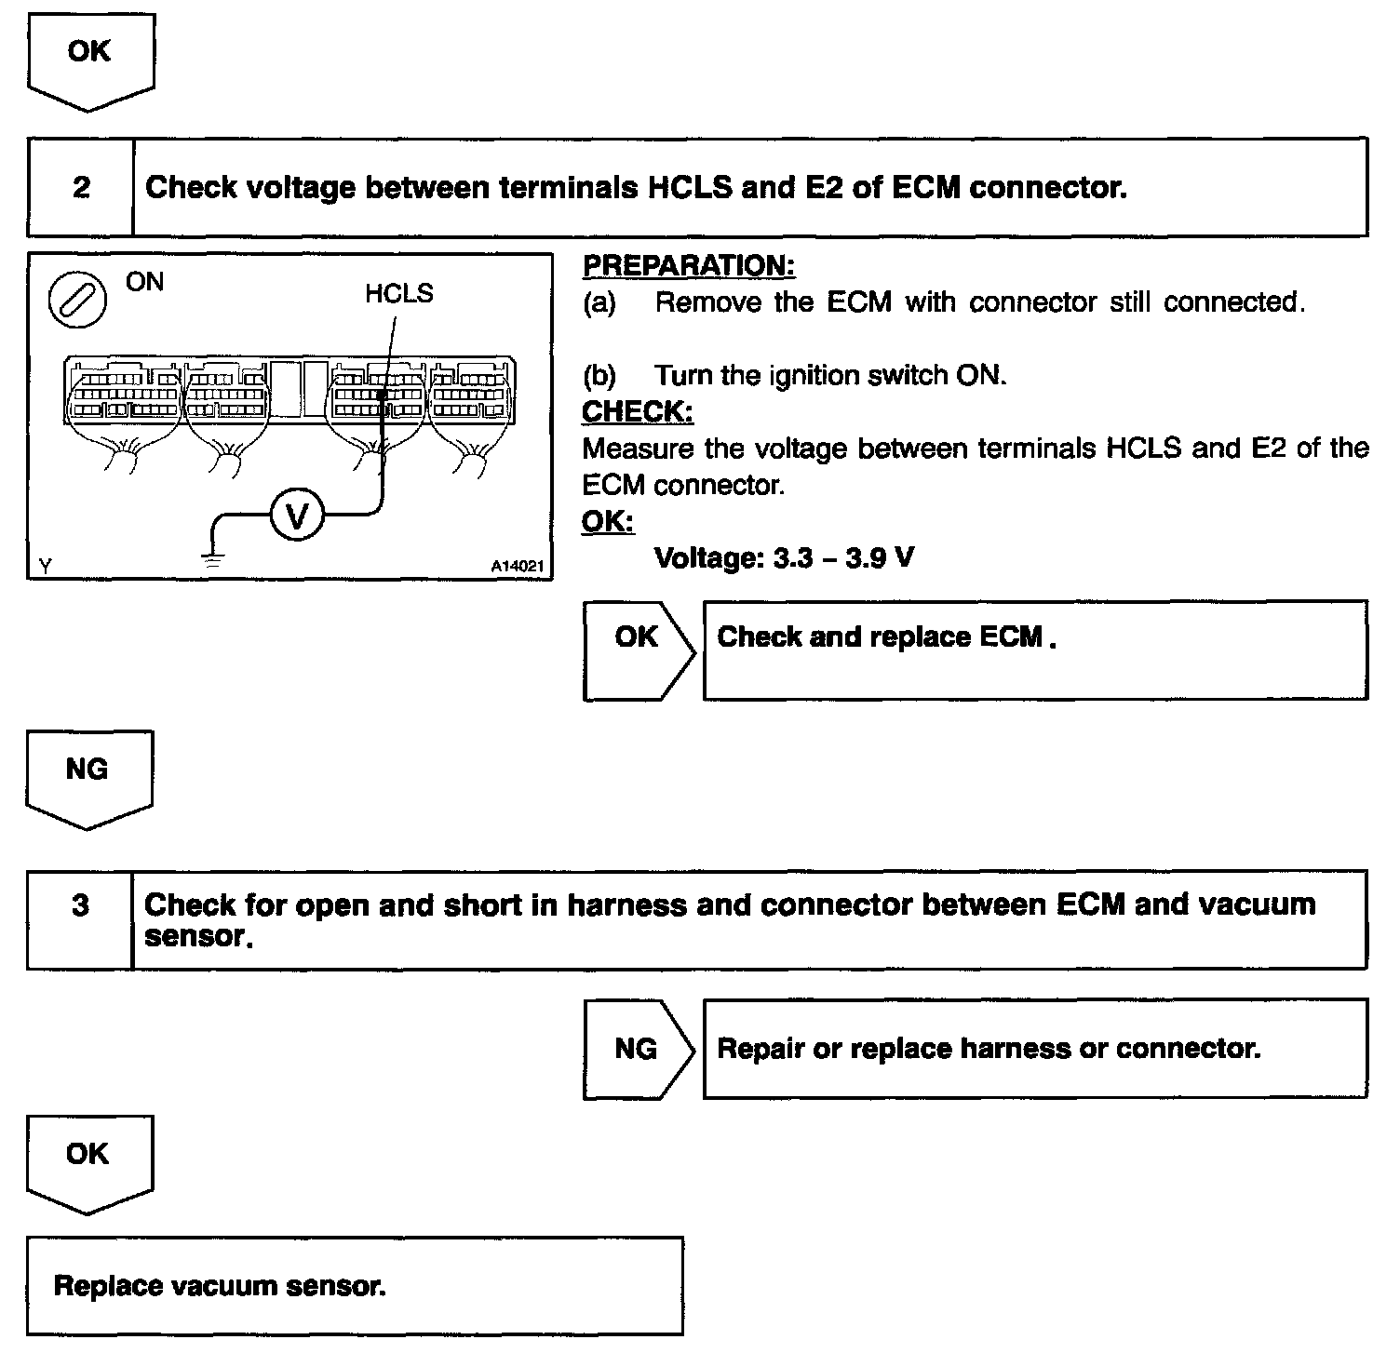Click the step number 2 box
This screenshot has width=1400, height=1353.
point(81,188)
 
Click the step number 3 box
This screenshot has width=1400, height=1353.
point(80,919)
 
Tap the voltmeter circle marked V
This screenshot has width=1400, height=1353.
point(297,515)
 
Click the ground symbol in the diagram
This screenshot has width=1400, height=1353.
point(213,559)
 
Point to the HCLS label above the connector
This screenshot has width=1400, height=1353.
point(398,294)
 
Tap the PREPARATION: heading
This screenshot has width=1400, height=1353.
point(689,266)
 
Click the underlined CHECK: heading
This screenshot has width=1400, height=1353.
point(638,411)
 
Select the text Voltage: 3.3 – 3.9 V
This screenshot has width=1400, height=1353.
point(784,558)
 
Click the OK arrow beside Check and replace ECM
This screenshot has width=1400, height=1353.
point(639,650)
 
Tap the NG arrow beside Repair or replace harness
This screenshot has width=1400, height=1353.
point(639,1049)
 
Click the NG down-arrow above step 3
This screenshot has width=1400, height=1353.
point(89,778)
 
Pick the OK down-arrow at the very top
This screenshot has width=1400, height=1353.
point(90,61)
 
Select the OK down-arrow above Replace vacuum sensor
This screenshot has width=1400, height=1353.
point(89,1163)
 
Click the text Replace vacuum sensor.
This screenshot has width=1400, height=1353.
point(220,1286)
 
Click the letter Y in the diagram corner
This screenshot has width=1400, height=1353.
point(45,567)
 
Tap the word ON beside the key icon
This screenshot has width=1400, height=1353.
point(144,282)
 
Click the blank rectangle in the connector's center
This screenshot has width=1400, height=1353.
point(300,390)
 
